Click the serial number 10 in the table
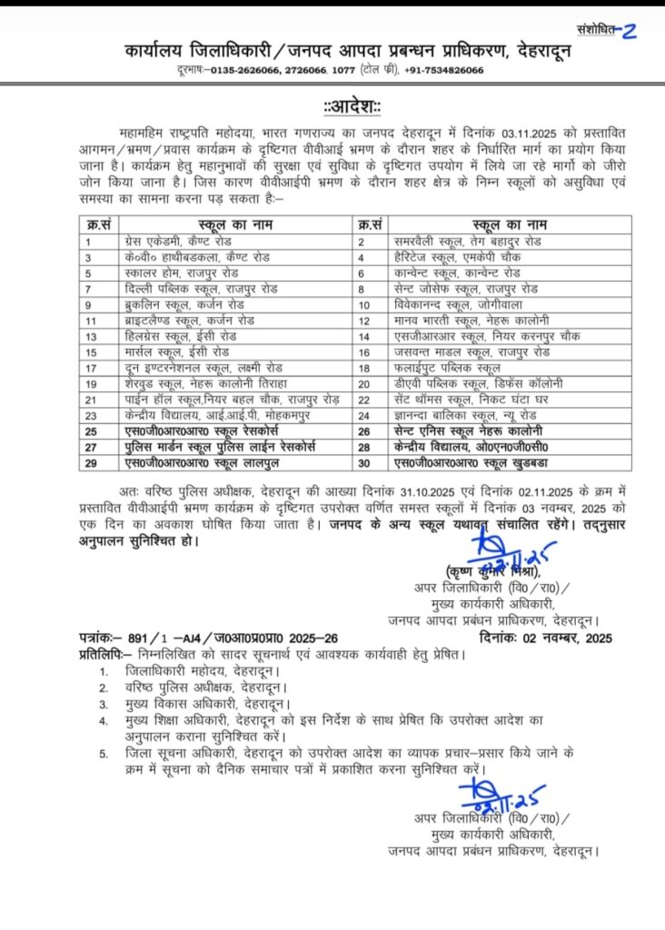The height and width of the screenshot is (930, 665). pyautogui.click(x=367, y=304)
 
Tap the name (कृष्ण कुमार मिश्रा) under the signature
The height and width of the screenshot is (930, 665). pyautogui.click(x=493, y=571)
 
